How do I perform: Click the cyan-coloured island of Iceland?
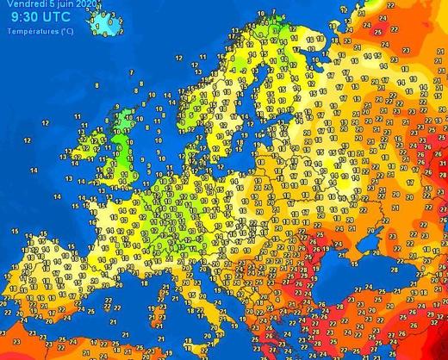pyautogui.click(x=108, y=24)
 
